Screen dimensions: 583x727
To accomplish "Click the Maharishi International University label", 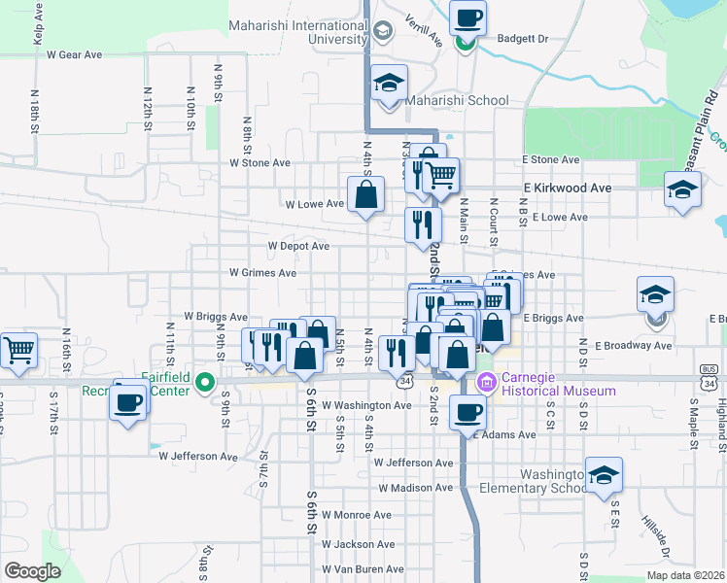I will [297, 32].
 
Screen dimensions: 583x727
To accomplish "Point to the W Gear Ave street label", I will [74, 55].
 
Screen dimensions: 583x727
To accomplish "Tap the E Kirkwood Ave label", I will [568, 188].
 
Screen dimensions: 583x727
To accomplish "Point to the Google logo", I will [32, 571].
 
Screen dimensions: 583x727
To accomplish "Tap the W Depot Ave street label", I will [298, 247].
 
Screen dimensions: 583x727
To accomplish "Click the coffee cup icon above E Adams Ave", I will [469, 411].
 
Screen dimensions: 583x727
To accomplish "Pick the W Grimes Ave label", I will [262, 273].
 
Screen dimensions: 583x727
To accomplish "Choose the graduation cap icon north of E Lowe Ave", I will [682, 189].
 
